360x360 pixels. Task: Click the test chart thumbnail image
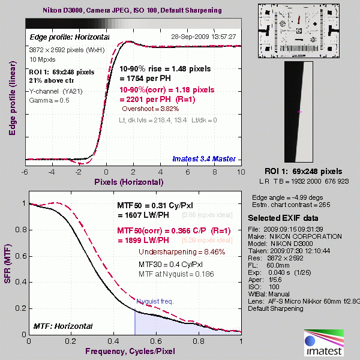pos(298,31)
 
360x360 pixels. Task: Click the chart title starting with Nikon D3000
pos(133,11)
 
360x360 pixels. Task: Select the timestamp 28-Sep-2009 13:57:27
pos(204,37)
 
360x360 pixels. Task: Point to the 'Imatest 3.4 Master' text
pos(204,159)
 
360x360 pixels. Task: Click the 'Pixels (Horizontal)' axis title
pos(129,181)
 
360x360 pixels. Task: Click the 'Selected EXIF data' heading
pos(280,217)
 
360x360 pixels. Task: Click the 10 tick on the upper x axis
pos(239,172)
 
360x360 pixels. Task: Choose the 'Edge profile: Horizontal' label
pos(70,37)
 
